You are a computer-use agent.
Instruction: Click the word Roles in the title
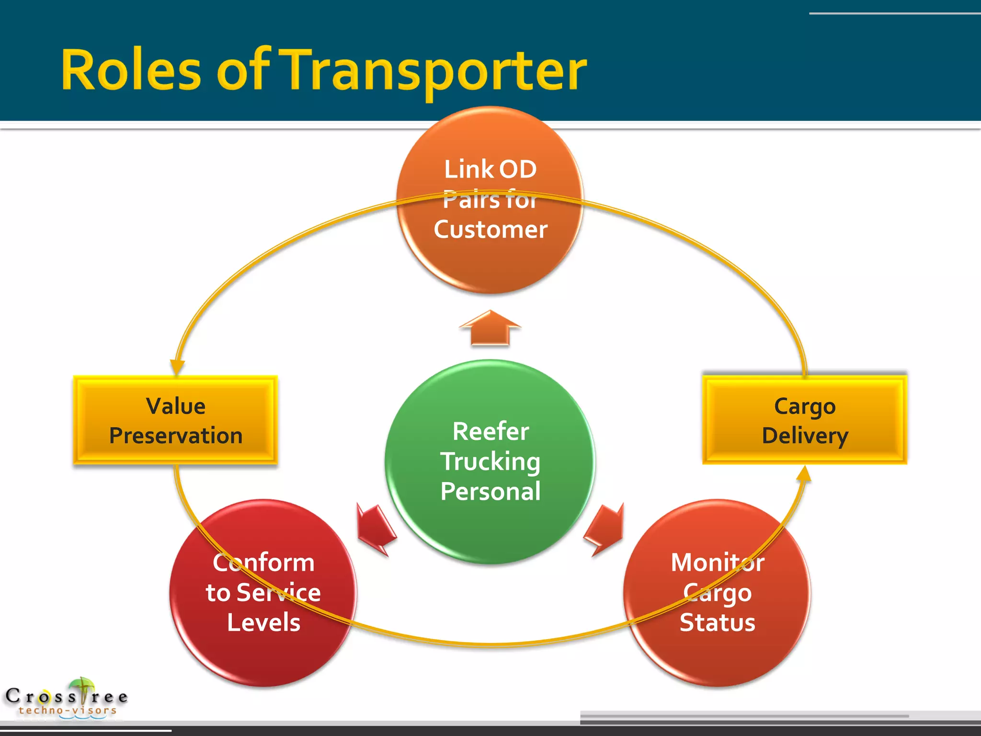pos(131,70)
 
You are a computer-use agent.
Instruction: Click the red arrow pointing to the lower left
pos(376,529)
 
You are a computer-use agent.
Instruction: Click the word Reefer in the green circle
pos(490,431)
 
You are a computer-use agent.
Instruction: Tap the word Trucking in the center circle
pos(490,461)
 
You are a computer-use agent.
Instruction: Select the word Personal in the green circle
pos(490,491)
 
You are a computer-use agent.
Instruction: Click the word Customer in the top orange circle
pos(490,229)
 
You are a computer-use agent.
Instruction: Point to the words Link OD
pos(490,169)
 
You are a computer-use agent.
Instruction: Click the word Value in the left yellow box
pos(176,406)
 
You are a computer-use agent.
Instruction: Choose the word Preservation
pos(176,436)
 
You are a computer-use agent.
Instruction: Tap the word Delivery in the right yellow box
pos(805,436)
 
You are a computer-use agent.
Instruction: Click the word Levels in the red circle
pos(263,622)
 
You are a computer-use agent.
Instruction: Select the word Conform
pos(263,562)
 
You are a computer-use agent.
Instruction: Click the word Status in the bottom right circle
pos(717,622)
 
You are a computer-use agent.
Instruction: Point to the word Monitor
pos(717,562)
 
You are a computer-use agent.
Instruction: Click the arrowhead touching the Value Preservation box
pos(177,367)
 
